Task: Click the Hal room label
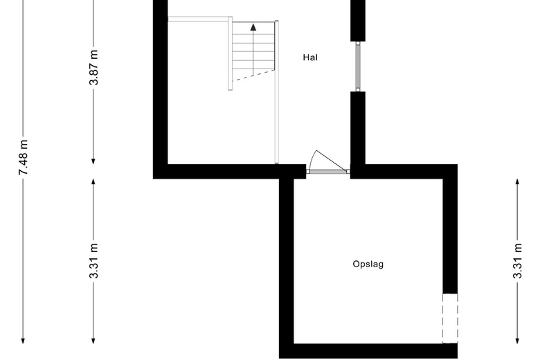click(x=310, y=57)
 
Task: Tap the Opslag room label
click(x=368, y=264)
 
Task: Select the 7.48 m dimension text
click(x=24, y=157)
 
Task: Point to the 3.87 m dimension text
click(x=93, y=68)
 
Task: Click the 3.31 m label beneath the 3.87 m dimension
click(x=93, y=261)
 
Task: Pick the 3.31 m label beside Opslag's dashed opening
click(x=517, y=261)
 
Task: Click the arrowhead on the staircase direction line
click(x=253, y=27)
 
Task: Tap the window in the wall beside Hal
click(x=358, y=66)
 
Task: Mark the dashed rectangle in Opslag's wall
click(x=450, y=318)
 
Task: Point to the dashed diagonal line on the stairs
click(x=253, y=75)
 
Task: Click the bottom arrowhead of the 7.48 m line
click(x=23, y=340)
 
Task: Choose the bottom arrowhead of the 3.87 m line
click(x=93, y=161)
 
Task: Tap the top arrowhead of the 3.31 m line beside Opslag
click(x=517, y=183)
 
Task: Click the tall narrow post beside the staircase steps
click(x=230, y=53)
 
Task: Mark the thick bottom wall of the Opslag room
click(x=368, y=351)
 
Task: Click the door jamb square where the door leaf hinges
click(x=348, y=171)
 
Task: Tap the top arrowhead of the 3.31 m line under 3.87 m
click(x=93, y=183)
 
